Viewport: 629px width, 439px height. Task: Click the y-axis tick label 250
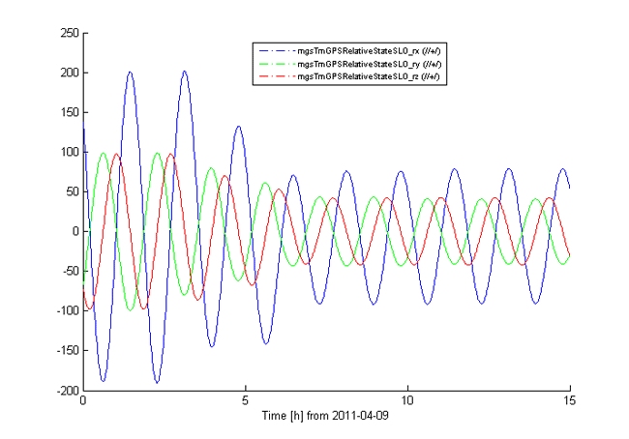tap(68, 33)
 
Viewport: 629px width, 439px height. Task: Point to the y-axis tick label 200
tap(68, 73)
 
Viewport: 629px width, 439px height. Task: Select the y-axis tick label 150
tap(68, 112)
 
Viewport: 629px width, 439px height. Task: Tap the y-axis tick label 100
tap(68, 152)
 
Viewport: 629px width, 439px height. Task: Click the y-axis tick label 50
tap(71, 191)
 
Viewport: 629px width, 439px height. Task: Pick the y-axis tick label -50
tap(69, 271)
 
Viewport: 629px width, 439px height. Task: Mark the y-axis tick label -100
tap(66, 310)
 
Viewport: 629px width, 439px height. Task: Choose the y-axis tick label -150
tap(66, 350)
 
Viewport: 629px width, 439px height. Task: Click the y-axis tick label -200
tap(66, 390)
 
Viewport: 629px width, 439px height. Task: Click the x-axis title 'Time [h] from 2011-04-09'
tap(326, 415)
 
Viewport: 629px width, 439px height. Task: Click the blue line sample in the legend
tap(274, 49)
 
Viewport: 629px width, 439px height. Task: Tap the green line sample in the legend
tap(274, 63)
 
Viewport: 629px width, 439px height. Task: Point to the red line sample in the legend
tap(274, 75)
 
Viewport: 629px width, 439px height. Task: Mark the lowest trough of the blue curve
tap(157, 382)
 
